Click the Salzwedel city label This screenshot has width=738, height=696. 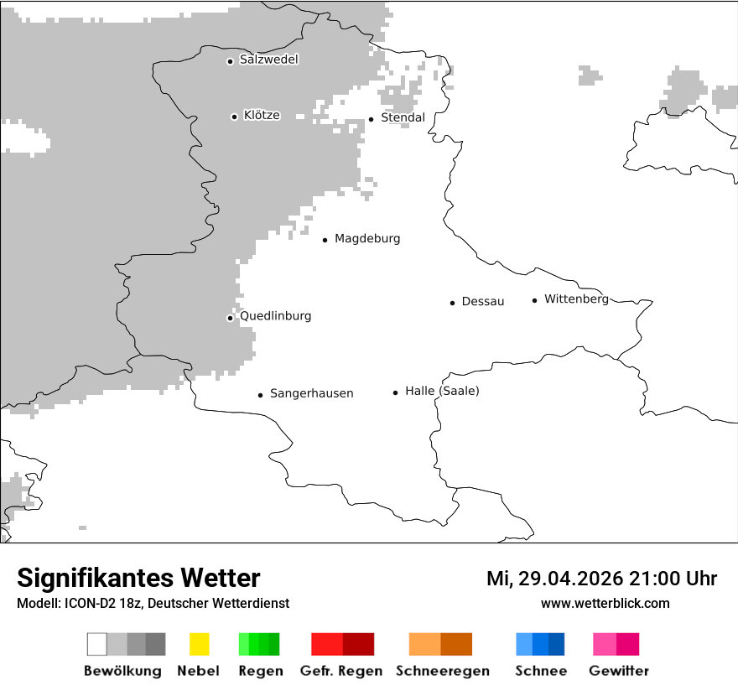coord(268,60)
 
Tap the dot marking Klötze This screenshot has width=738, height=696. coord(234,117)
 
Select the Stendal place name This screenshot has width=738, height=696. coord(403,117)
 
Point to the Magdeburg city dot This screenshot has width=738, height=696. coord(325,240)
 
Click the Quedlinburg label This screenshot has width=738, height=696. coord(275,316)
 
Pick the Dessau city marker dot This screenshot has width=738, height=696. coord(452,303)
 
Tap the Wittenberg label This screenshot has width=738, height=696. coord(576,299)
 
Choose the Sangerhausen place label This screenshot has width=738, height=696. coord(311,393)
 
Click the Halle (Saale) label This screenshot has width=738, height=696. coord(442,391)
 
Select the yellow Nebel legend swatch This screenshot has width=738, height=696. coord(199,644)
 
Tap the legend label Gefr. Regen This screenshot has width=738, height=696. coord(340,671)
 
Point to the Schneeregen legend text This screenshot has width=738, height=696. coord(443,671)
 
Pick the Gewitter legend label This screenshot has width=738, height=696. coord(618,671)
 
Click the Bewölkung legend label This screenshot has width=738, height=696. coord(122,671)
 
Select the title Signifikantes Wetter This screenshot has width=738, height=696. coord(138,578)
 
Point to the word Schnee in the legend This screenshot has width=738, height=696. coord(540,671)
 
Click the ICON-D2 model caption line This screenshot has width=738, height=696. coord(153,603)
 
